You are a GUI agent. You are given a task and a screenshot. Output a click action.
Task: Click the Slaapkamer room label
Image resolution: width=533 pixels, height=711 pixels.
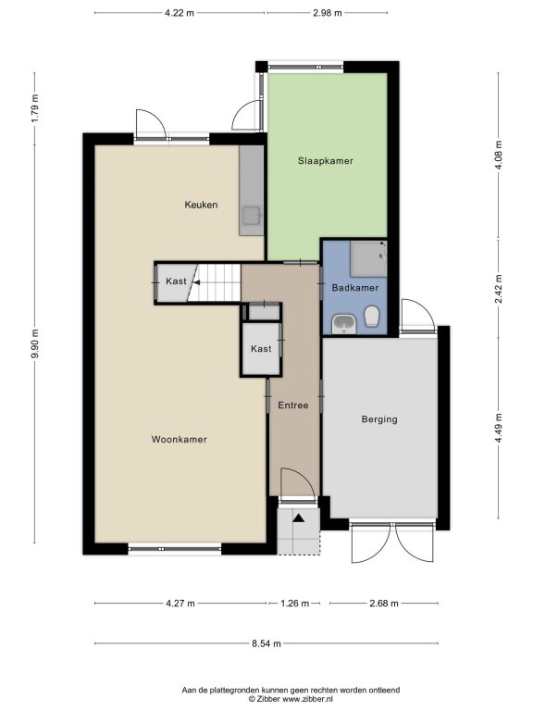[x=326, y=160]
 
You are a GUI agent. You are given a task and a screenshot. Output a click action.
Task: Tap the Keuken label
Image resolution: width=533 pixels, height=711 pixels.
[x=201, y=205]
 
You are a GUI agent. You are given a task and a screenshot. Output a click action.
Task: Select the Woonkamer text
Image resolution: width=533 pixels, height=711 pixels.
[x=179, y=439]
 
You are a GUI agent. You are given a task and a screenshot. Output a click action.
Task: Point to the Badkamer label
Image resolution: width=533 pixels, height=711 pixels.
[x=355, y=288]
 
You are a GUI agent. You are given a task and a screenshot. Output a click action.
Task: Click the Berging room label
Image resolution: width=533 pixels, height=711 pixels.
[x=379, y=419]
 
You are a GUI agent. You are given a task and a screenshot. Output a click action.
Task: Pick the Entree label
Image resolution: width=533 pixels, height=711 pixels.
[x=292, y=405]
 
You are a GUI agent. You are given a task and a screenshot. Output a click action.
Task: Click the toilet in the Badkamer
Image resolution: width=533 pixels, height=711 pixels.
[x=372, y=316]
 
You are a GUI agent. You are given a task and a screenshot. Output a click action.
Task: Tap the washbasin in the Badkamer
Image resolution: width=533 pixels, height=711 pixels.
[x=344, y=325]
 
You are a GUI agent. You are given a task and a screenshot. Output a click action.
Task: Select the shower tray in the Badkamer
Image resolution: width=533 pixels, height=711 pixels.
[x=368, y=258]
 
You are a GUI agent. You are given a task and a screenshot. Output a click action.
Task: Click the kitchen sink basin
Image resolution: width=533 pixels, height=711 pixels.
[x=251, y=217]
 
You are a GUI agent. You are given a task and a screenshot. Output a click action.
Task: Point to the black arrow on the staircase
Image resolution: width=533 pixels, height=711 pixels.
[x=197, y=282]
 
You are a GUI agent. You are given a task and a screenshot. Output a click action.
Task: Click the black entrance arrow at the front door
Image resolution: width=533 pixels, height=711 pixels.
[x=299, y=518]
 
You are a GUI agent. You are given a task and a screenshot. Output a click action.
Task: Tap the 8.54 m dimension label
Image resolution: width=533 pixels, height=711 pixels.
[x=266, y=643]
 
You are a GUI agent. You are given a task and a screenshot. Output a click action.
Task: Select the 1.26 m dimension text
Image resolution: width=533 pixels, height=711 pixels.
[x=294, y=603]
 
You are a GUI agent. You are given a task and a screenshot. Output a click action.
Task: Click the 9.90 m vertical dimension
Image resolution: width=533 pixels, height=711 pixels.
[x=35, y=343]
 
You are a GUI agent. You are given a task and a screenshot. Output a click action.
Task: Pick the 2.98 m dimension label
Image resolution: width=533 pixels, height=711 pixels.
[x=328, y=13]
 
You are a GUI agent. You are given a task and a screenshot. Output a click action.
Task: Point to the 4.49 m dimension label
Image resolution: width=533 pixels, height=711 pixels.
[x=499, y=429]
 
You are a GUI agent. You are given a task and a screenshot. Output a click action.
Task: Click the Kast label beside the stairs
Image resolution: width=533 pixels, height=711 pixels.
[x=176, y=281]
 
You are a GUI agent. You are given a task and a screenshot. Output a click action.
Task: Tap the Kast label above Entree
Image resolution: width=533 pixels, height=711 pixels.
[x=261, y=348]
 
